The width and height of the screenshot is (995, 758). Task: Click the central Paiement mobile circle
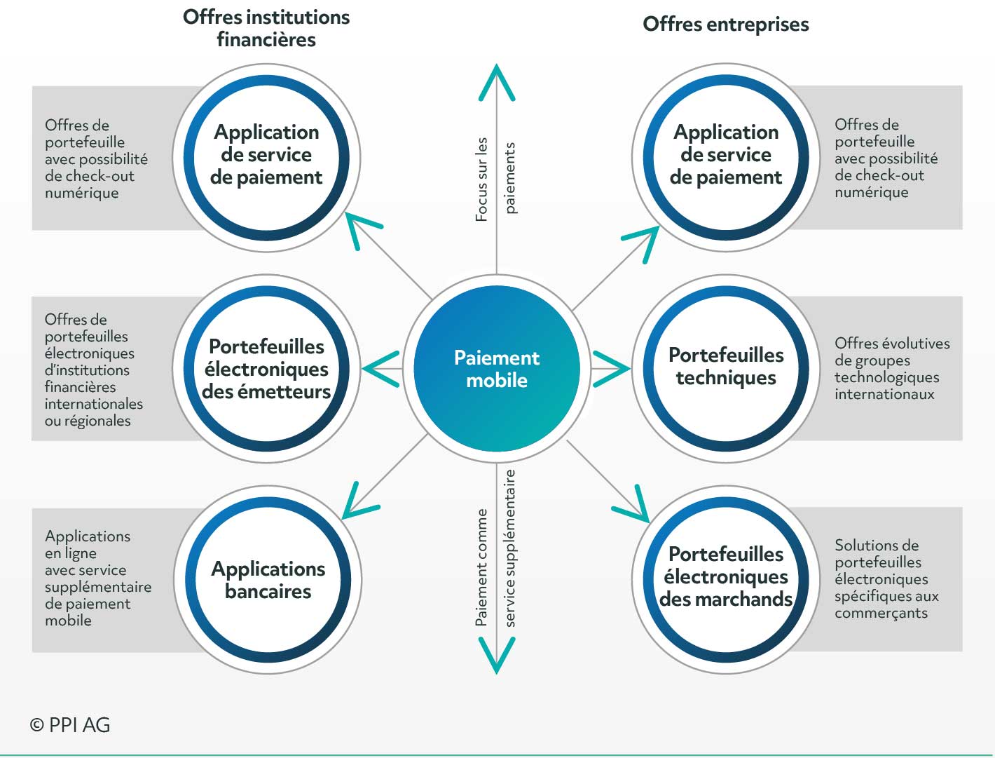(x=497, y=369)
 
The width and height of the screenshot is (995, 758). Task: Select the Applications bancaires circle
(x=268, y=580)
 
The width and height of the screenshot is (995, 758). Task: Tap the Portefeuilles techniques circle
(x=726, y=368)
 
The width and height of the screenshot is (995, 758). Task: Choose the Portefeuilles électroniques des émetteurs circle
(x=266, y=368)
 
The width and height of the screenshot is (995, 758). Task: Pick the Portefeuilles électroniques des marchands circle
(x=726, y=580)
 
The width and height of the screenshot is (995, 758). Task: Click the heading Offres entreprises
(x=726, y=24)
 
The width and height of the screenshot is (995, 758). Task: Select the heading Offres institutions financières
(x=266, y=28)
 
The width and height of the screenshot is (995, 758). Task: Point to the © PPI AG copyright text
(x=70, y=725)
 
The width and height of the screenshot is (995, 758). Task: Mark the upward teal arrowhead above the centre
(x=497, y=82)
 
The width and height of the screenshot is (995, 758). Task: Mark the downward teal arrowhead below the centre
(x=497, y=655)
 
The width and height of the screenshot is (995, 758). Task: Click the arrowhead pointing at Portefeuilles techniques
(x=611, y=369)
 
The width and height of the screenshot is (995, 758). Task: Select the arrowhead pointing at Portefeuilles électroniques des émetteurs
(x=381, y=369)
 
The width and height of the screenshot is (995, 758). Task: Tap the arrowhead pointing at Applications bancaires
(x=361, y=501)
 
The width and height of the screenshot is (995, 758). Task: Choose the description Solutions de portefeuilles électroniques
(x=881, y=562)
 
